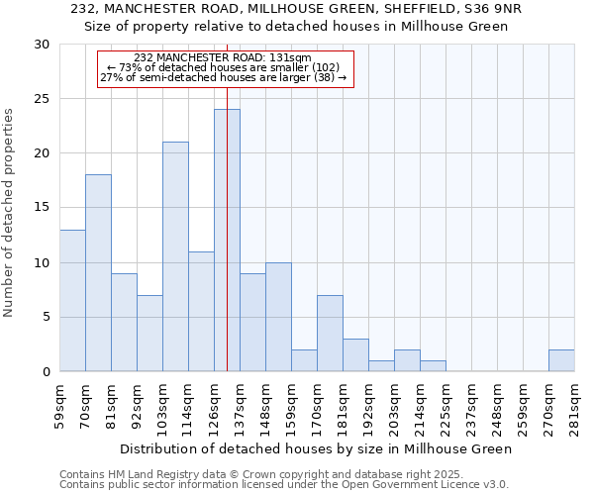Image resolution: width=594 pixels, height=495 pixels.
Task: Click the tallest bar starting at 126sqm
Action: point(227,241)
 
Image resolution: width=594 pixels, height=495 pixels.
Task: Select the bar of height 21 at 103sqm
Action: point(175,256)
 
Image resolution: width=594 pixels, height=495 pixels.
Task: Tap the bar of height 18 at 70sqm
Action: point(98,273)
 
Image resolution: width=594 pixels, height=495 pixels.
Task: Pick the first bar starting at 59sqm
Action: point(72,300)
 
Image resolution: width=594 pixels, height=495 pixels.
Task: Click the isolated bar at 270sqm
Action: point(561,360)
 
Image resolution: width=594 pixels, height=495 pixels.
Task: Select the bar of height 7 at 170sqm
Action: point(330,333)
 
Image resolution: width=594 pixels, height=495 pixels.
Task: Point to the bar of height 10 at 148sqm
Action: point(278,317)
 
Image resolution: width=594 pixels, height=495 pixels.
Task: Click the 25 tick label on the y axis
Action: point(41,99)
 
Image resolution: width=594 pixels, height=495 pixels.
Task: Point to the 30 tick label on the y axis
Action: point(41,45)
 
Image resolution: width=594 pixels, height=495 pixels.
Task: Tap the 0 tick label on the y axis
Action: point(45,371)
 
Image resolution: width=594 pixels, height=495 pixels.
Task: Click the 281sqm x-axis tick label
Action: point(575,405)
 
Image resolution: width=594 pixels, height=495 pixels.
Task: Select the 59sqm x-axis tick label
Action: point(59,405)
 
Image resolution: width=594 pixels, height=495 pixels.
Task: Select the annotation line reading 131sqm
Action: point(224,58)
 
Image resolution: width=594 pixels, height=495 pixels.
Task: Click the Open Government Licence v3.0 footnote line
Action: point(283,485)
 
